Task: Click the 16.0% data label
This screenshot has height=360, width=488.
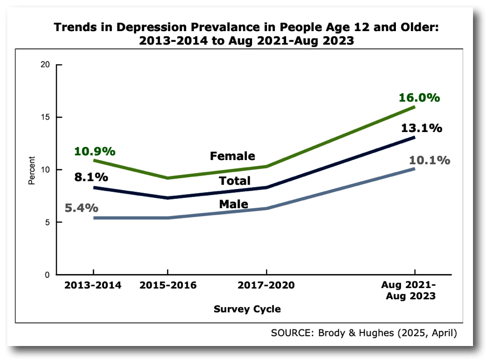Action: [x=419, y=97]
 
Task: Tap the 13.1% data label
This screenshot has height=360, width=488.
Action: [x=421, y=128]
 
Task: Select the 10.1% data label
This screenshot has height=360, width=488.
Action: [x=429, y=160]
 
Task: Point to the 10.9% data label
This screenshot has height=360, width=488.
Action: [x=95, y=151]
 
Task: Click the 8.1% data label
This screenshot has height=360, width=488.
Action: [x=91, y=177]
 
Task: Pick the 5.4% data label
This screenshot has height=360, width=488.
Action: [x=81, y=208]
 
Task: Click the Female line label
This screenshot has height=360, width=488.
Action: [x=232, y=156]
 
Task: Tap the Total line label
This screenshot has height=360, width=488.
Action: [x=234, y=181]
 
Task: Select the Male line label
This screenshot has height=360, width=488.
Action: [x=233, y=204]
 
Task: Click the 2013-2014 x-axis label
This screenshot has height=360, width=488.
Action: [x=93, y=286]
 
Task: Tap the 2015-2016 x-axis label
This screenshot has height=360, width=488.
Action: [x=167, y=286]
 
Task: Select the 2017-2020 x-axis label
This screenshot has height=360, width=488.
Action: [x=266, y=286]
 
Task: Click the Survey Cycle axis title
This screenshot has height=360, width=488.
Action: [x=247, y=309]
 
